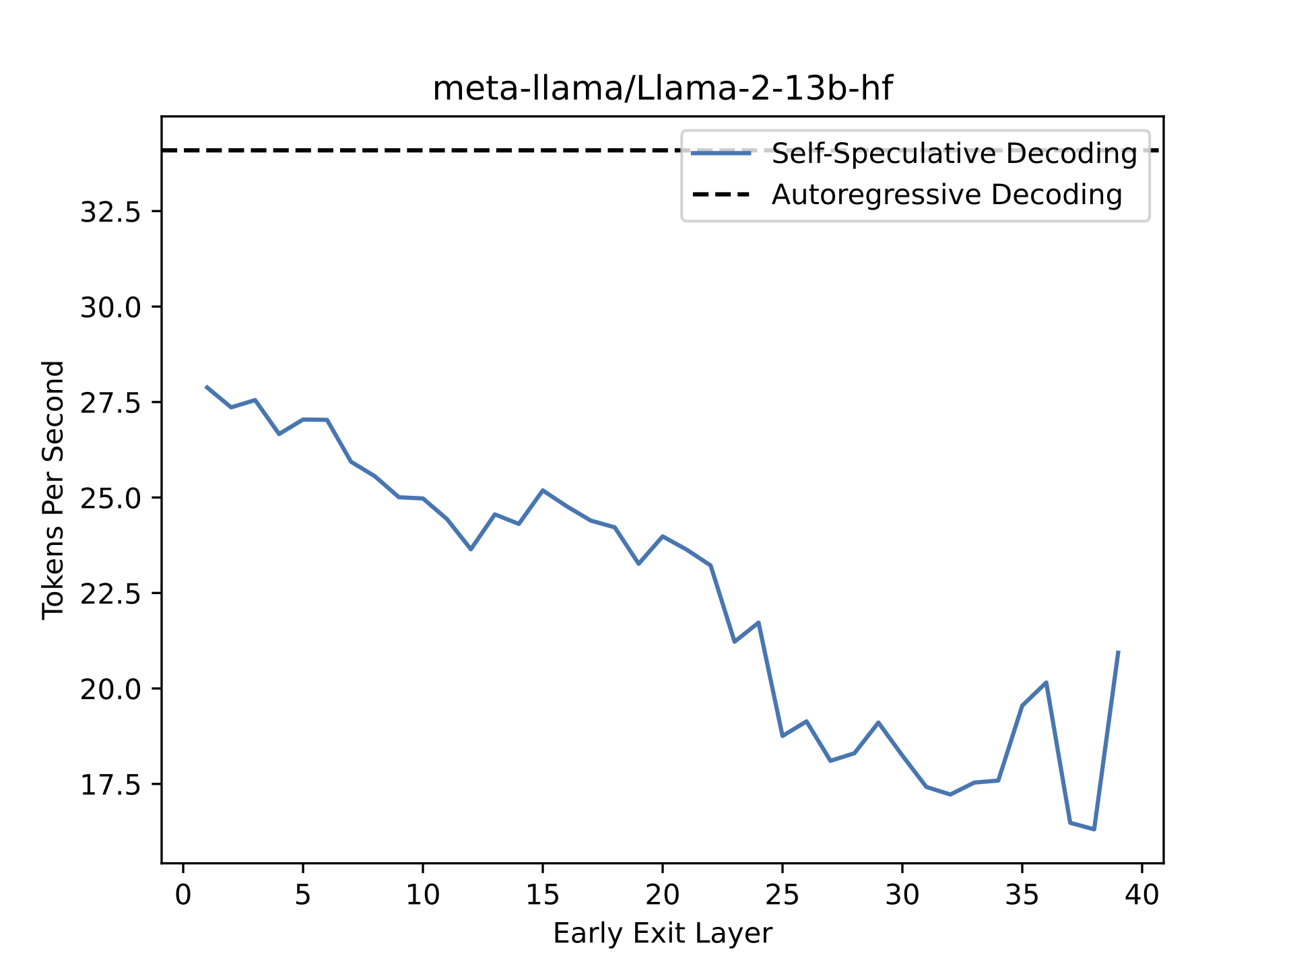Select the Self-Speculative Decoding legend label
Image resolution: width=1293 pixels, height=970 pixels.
[954, 154]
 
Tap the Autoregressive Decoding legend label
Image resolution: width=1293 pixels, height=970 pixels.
[947, 195]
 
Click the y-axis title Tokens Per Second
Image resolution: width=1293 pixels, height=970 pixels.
[53, 490]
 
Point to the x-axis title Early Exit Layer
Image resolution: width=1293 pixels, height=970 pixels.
[662, 934]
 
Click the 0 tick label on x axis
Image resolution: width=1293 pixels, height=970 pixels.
[183, 895]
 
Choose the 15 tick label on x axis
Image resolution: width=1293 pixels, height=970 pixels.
[543, 895]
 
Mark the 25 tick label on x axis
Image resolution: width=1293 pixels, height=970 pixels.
[783, 895]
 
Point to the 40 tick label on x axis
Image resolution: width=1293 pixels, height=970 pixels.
[1142, 895]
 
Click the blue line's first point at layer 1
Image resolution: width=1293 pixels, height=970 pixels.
[207, 387]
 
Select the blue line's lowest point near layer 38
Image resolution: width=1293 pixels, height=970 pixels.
[1094, 829]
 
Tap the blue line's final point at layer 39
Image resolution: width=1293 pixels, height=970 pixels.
[1118, 652]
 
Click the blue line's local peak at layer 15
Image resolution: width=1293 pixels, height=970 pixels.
[543, 490]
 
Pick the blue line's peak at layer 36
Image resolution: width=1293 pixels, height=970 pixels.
[1046, 682]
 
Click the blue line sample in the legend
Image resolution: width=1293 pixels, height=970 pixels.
[721, 154]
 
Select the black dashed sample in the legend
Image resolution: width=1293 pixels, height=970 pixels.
[721, 195]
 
